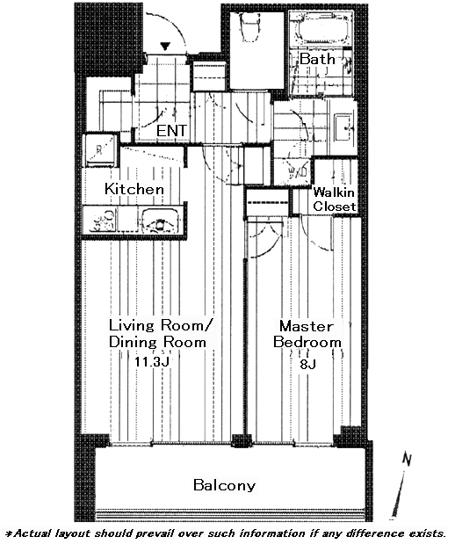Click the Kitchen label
[x=134, y=189]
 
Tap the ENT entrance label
[x=171, y=131]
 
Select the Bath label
[x=317, y=59]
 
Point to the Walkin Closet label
[x=335, y=199]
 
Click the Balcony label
[x=224, y=485]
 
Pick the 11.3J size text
[x=152, y=362]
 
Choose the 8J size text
[x=307, y=365]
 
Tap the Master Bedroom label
[x=307, y=334]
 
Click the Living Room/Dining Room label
[x=160, y=334]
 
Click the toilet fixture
[x=249, y=28]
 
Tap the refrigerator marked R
[x=100, y=150]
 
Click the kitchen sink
[x=160, y=221]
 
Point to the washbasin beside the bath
[x=343, y=127]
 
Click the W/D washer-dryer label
[x=299, y=171]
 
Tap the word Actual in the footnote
[x=31, y=533]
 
